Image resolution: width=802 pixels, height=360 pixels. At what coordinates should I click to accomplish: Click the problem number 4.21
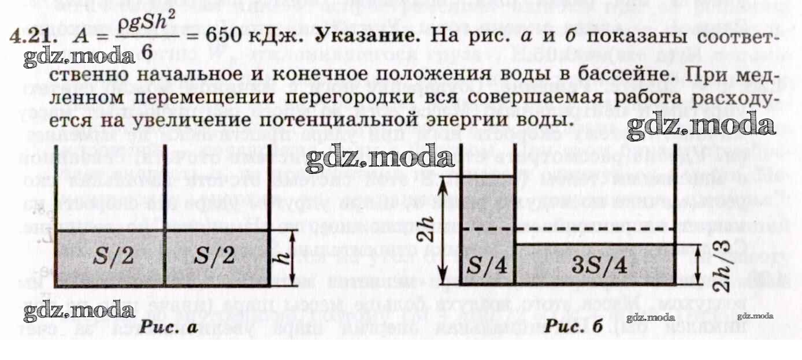[32, 39]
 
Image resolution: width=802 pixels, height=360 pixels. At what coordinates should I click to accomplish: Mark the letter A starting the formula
[84, 38]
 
